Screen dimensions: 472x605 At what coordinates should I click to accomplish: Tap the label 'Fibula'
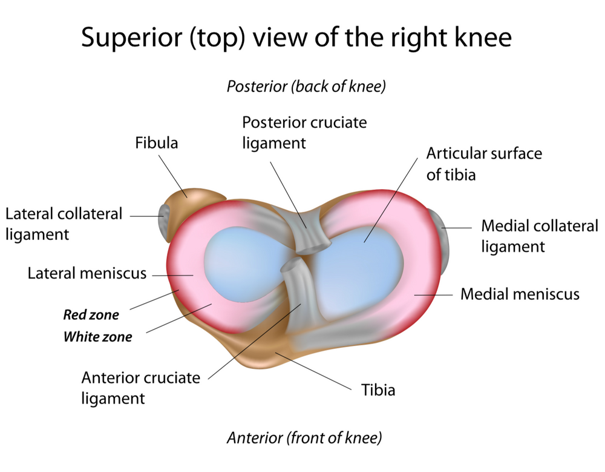coord(157,143)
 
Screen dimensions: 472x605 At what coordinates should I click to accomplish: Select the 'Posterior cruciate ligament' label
coord(304,133)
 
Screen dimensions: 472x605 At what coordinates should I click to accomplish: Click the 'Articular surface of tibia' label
coord(484,164)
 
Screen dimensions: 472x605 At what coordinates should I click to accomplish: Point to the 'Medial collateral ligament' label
coord(539,236)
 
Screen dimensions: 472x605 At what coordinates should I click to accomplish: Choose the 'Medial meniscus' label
coord(520,294)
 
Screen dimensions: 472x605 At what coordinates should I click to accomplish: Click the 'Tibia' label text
coord(378,389)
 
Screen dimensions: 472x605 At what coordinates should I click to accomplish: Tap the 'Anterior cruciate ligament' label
coord(140,388)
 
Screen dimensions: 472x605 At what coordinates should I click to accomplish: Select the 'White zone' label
coord(97,336)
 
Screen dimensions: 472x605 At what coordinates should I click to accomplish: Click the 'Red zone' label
coord(91,315)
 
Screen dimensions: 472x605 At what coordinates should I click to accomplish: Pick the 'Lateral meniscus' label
coord(87,273)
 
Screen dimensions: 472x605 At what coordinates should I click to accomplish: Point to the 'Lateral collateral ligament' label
coord(64,224)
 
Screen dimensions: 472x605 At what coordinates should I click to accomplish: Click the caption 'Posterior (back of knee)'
coord(306,87)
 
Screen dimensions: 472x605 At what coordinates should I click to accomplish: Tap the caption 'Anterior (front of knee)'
coord(304,437)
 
